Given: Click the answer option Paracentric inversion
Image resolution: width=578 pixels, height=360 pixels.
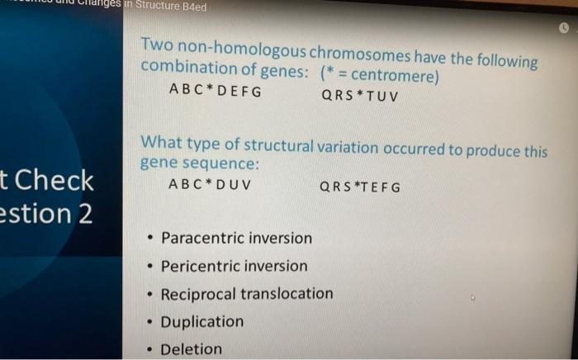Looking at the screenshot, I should [x=236, y=239].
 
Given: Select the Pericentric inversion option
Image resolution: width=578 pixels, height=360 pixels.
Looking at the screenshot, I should [x=234, y=266].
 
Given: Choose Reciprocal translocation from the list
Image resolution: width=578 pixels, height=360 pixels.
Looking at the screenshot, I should [x=246, y=294].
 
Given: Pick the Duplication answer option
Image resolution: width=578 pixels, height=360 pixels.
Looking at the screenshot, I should [x=201, y=321].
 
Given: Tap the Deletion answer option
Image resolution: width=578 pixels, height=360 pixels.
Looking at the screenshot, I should [x=191, y=348].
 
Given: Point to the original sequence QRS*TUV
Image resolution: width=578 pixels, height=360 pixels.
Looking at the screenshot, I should [x=360, y=95].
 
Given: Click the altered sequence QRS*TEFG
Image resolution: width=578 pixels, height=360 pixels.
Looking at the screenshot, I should [x=360, y=187].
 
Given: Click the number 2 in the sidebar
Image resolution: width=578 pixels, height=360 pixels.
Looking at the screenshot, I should [x=84, y=214].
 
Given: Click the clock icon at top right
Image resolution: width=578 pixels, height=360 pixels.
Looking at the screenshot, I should [x=565, y=27].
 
